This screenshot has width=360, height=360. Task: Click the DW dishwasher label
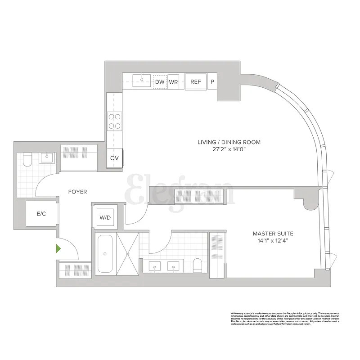160,82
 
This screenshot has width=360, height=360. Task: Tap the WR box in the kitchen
174,82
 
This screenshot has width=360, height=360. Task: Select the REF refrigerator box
196,82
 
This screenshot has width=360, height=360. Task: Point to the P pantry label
212,82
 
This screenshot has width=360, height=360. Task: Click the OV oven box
115,158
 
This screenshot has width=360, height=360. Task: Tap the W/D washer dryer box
105,218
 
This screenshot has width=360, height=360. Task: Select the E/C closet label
41,213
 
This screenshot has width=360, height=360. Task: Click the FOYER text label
77,192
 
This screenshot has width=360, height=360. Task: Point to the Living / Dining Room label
229,142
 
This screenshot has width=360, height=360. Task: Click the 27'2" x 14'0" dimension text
229,150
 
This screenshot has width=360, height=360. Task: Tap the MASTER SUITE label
273,234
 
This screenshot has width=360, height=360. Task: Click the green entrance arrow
58,248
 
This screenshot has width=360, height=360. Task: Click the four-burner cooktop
114,121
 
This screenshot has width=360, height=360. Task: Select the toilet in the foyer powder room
27,160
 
